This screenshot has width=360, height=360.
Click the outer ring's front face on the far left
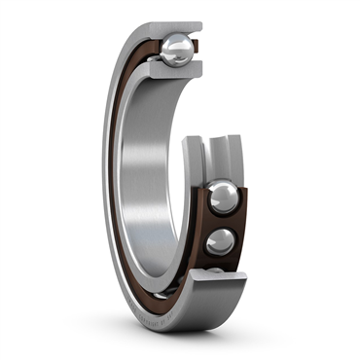108,175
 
